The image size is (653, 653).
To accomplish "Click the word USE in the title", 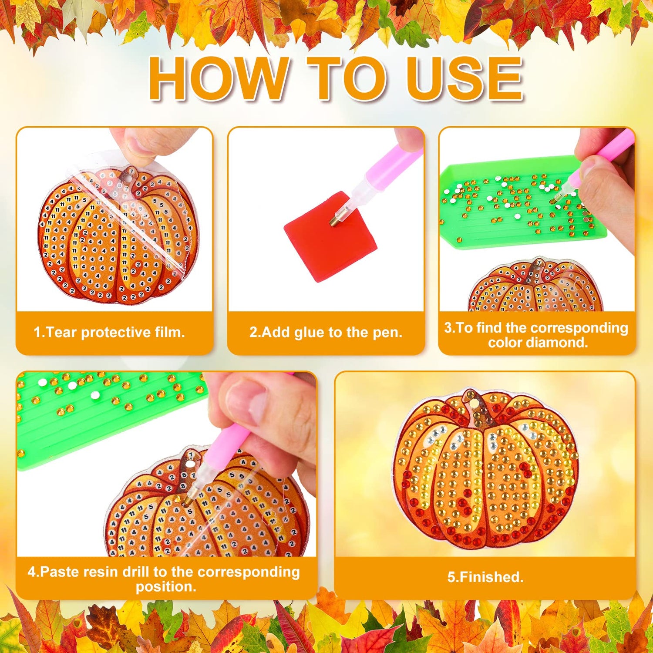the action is tap(465, 79).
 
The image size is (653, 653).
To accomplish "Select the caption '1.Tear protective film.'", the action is tap(109, 333).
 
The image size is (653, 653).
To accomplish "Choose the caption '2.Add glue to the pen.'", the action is tap(326, 333).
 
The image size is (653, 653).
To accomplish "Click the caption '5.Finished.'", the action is tap(485, 577).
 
